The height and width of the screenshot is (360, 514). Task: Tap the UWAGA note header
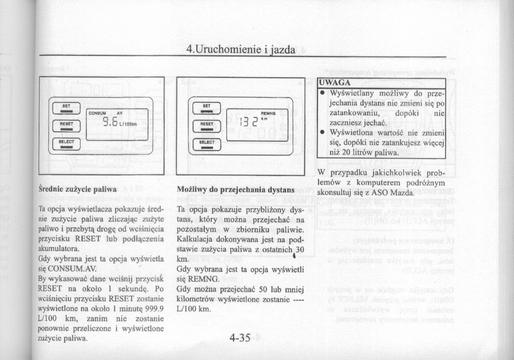click(334, 83)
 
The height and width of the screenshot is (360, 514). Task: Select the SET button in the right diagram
click(207, 107)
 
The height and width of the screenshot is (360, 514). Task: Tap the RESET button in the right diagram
click(207, 125)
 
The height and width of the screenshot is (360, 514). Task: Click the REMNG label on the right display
click(269, 114)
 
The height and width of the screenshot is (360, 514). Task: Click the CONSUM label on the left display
click(97, 113)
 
